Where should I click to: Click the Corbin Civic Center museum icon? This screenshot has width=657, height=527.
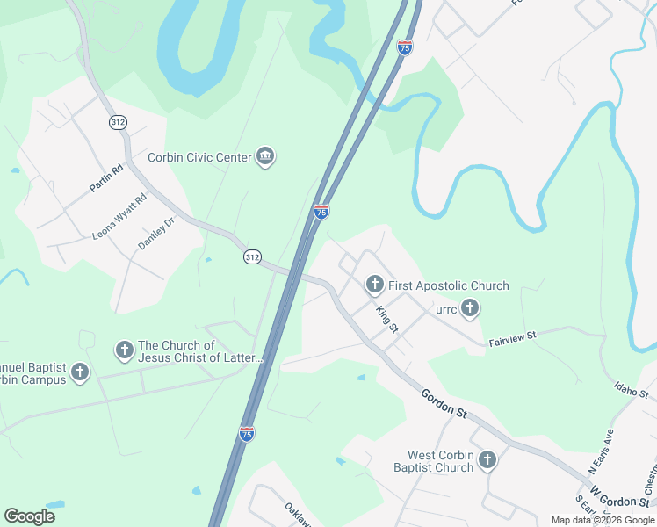(265, 157)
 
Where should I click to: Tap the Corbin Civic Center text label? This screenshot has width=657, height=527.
(199, 158)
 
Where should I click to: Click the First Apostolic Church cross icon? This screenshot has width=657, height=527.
(374, 285)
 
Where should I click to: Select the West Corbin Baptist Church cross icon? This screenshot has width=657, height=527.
(487, 460)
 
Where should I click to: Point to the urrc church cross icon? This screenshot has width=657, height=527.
(471, 308)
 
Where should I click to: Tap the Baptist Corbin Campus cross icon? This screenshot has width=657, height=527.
(80, 372)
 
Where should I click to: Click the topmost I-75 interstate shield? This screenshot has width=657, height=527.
(404, 48)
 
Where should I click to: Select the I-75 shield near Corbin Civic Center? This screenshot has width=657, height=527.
(321, 212)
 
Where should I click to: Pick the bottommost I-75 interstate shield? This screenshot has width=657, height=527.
(247, 433)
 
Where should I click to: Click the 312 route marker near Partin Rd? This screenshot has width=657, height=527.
(118, 122)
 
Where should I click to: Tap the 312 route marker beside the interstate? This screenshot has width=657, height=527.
(252, 256)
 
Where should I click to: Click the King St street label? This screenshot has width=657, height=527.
(387, 319)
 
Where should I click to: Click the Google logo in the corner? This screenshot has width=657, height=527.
(29, 516)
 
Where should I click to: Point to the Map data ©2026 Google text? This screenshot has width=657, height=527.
(603, 520)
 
